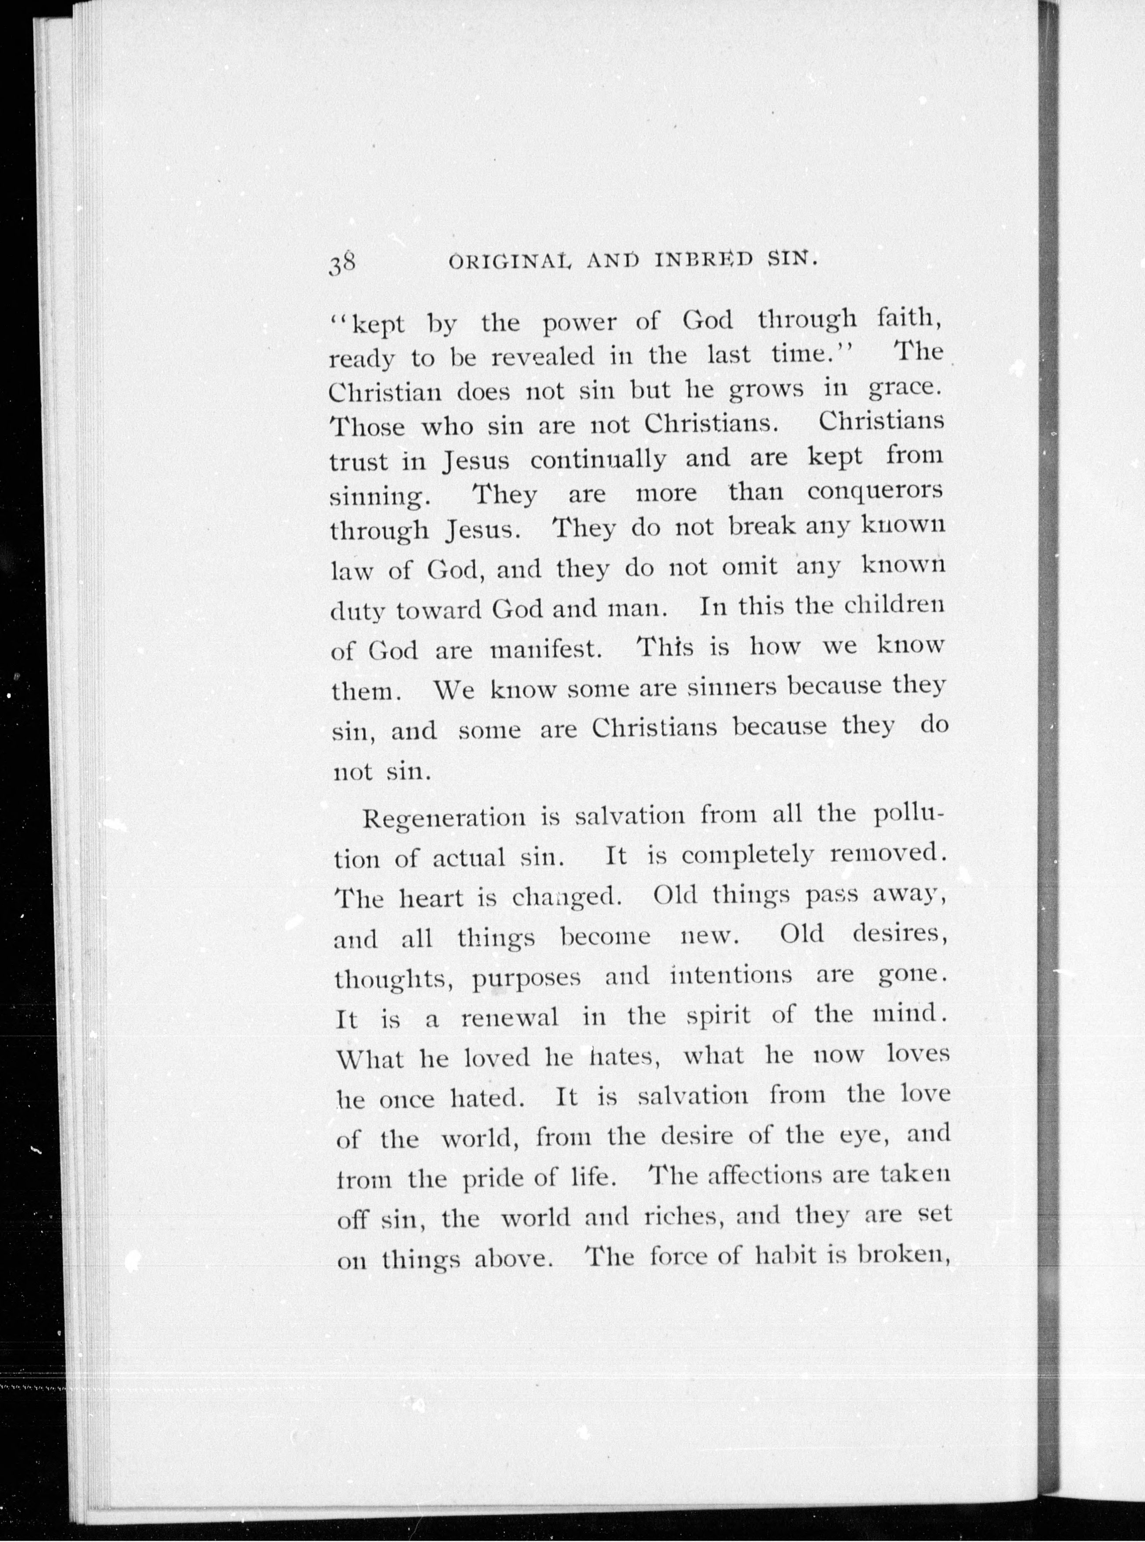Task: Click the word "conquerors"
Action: pos(875,491)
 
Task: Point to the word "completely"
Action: pos(746,856)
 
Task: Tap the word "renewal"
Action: pos(509,1018)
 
